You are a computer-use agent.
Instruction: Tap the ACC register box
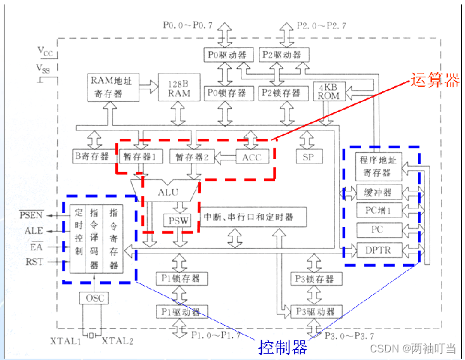pyautogui.click(x=252, y=156)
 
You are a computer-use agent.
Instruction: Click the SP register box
pyautogui.click(x=309, y=157)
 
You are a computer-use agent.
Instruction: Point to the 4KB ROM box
pyautogui.click(x=328, y=92)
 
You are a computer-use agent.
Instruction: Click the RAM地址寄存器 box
pyautogui.click(x=113, y=87)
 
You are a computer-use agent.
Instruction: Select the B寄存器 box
pyautogui.click(x=91, y=156)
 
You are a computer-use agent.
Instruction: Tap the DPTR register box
pyautogui.click(x=379, y=250)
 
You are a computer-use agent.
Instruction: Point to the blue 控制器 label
pyautogui.click(x=283, y=347)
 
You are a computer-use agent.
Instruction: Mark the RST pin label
pyautogui.click(x=34, y=261)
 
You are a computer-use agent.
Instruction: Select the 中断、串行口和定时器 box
pyautogui.click(x=248, y=217)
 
